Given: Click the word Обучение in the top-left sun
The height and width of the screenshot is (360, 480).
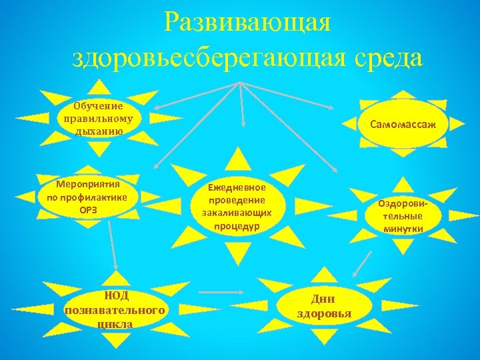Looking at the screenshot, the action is (x=98, y=106).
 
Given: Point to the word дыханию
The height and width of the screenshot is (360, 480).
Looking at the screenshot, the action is (x=98, y=130).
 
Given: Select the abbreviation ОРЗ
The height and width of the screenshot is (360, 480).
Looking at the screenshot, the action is (x=88, y=208).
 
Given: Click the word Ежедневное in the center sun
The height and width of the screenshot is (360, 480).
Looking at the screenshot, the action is (x=237, y=189).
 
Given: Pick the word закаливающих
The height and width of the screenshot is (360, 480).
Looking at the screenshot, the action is (x=237, y=213).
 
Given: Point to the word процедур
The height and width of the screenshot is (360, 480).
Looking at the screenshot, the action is (x=237, y=225).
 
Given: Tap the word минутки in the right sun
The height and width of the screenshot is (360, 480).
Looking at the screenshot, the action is (x=403, y=229).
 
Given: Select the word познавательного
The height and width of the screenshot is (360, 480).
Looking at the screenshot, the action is (x=115, y=311).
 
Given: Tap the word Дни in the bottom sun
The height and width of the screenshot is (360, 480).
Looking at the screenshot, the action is (x=324, y=299).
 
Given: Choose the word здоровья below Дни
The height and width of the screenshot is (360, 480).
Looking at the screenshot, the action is (x=324, y=313).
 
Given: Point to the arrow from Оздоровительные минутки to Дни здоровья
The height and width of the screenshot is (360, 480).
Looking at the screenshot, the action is (x=361, y=264).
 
